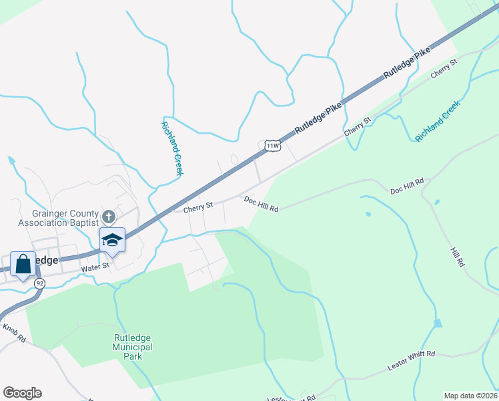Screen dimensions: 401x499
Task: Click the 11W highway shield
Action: coord(272,146)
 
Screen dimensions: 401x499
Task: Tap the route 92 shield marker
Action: coord(40,283)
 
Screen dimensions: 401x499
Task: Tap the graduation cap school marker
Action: coord(112,241)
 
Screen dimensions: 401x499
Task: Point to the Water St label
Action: coord(94,268)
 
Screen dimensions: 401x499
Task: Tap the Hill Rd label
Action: coord(457,257)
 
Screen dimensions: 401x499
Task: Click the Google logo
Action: coord(22,393)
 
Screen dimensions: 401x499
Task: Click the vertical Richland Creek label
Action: coord(171,148)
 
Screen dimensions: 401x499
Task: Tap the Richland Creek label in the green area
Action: coord(438,120)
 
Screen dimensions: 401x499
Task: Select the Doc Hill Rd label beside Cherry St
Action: coord(261,204)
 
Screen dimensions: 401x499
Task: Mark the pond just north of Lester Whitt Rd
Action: coord(437,323)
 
